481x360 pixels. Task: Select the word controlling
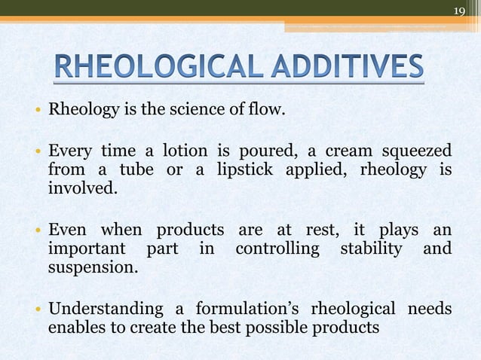coord(277,248)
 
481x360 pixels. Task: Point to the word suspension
coord(93,266)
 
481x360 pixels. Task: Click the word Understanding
coord(105,309)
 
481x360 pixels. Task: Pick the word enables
coord(74,328)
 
